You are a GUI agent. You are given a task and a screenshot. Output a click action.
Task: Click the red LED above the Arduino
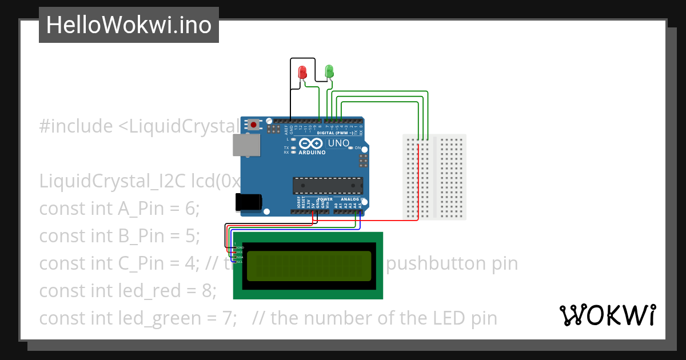[302, 73]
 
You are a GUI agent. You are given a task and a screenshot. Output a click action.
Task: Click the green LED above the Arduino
[329, 71]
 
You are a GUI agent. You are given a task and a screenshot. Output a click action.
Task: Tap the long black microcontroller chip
[328, 186]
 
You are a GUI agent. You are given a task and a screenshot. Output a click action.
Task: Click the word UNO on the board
[338, 143]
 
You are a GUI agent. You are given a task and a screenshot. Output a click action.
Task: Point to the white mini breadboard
[434, 177]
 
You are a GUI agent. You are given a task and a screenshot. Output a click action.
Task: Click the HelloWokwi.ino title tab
[129, 25]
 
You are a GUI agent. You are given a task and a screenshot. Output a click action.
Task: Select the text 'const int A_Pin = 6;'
[119, 209]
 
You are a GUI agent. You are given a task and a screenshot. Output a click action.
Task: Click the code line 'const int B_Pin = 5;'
[119, 236]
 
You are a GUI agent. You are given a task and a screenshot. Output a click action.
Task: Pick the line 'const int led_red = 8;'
[127, 291]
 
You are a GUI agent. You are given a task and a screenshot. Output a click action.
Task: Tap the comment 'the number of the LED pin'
[383, 318]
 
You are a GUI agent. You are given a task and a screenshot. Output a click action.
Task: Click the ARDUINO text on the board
[312, 153]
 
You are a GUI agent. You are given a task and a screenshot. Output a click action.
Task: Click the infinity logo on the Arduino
[312, 143]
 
